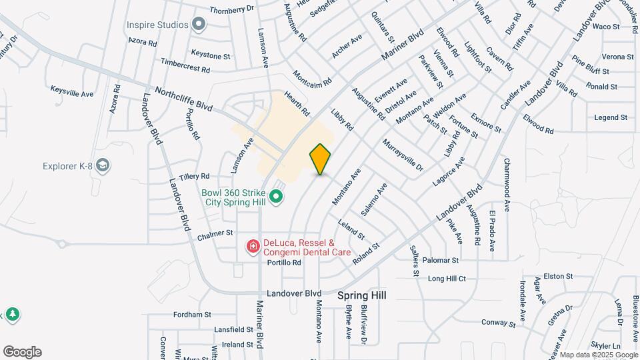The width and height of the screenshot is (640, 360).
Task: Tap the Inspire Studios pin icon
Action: click(199, 25)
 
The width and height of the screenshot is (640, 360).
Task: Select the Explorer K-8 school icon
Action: click(103, 165)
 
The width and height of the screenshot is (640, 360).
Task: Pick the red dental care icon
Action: click(253, 247)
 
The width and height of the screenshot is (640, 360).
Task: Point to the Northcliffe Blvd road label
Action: click(183, 98)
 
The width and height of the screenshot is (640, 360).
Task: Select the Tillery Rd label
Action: click(195, 177)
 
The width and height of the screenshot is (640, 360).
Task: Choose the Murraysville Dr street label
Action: click(403, 155)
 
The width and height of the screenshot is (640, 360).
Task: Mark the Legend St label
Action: click(611, 117)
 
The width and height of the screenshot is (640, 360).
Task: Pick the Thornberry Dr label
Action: click(232, 9)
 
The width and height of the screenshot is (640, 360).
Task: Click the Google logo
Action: click(22, 352)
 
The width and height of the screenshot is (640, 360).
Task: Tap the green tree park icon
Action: click(11, 314)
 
